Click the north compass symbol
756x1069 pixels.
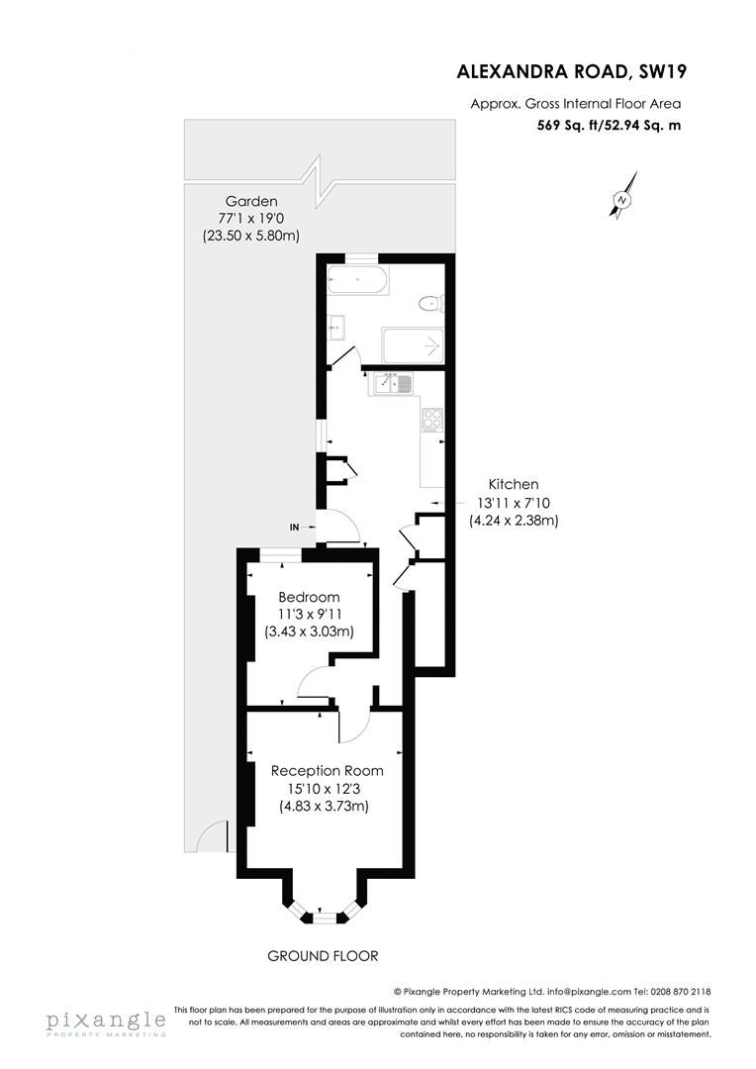[622, 198]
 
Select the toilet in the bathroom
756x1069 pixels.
[430, 303]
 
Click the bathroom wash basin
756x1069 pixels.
[336, 324]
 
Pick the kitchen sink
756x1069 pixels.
[394, 384]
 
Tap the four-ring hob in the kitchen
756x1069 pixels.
[431, 420]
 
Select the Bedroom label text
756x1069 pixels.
[309, 597]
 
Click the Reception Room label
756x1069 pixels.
[328, 770]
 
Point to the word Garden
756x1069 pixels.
[250, 200]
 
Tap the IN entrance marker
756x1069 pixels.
[294, 528]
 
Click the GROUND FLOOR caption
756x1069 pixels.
[323, 955]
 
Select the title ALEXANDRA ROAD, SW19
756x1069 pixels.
[571, 70]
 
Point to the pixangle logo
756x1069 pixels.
[104, 1021]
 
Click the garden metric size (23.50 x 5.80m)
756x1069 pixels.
[250, 236]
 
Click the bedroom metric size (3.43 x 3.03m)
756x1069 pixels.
[309, 632]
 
